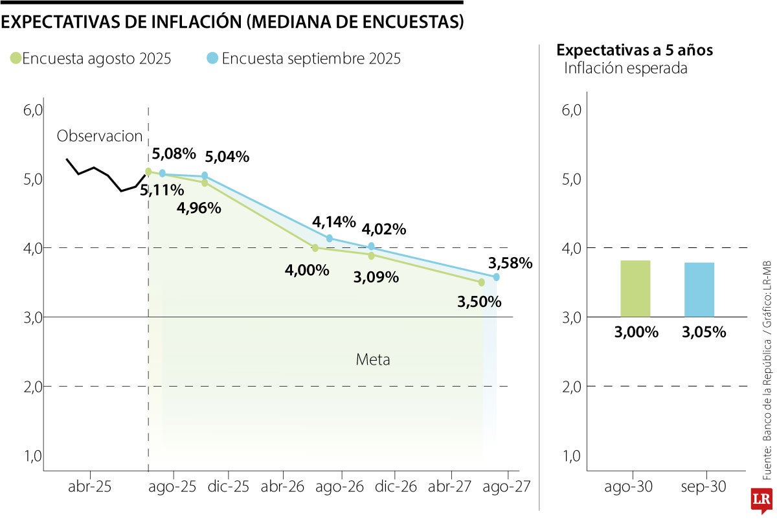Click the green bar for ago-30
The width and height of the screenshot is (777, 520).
(635, 288)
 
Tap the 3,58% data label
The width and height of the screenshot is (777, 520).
(510, 263)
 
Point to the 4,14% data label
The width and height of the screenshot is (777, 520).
(334, 222)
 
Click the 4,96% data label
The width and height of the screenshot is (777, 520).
(199, 208)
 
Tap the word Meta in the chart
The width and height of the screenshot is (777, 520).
(373, 359)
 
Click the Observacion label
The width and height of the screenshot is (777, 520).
(99, 136)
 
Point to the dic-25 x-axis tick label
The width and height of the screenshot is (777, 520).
(229, 486)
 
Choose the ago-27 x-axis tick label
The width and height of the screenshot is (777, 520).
(507, 486)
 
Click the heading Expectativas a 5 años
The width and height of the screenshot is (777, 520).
(635, 50)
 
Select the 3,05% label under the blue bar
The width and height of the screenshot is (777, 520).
(704, 332)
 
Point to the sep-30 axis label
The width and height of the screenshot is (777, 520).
(703, 486)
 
